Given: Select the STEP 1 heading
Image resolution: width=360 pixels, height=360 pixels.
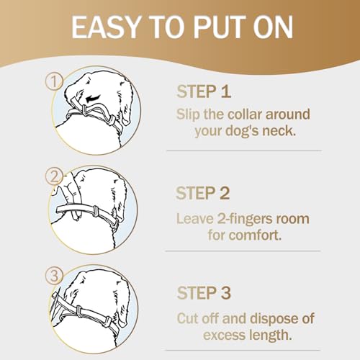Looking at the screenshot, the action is click(x=204, y=91).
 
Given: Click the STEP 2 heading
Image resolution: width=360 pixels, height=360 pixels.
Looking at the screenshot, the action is click(x=203, y=193).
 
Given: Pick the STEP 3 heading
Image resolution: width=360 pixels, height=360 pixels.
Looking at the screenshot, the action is click(x=204, y=293).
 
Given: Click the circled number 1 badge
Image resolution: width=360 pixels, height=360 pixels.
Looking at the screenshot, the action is click(x=54, y=81).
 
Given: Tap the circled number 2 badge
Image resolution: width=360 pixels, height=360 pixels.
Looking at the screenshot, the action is click(x=54, y=176).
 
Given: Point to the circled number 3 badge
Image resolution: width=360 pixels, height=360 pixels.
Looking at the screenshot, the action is click(x=54, y=276).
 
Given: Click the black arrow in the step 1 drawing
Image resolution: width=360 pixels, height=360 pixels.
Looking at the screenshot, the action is click(x=93, y=98).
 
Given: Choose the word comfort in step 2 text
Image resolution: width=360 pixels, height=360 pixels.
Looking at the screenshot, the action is click(x=255, y=235).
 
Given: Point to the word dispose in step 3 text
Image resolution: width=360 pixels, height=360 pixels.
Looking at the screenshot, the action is click(x=274, y=319).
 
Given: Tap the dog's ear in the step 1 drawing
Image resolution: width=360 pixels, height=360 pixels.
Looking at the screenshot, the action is click(x=125, y=115).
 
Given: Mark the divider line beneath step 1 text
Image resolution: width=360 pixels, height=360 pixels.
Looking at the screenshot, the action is click(x=244, y=151).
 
